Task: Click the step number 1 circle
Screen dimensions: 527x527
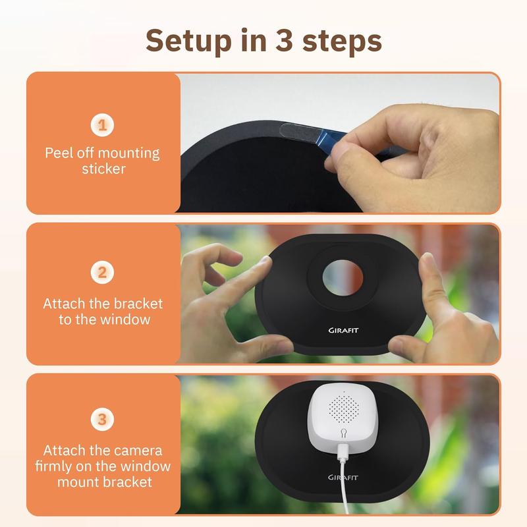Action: coord(102,125)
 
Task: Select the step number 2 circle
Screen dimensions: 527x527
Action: coord(102,272)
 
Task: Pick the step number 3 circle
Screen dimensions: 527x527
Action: coord(102,419)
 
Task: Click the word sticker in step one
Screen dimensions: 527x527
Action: coord(103,169)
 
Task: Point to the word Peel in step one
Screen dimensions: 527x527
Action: coord(59,153)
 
